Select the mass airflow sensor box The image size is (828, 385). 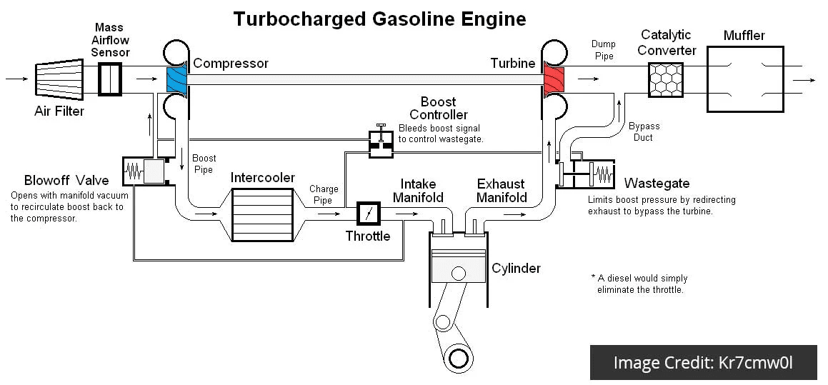click(x=110, y=79)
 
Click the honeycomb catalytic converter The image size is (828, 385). click(x=665, y=80)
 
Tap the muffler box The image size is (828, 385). click(x=745, y=79)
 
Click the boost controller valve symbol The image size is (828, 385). click(x=380, y=141)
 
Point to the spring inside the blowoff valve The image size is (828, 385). click(x=134, y=171)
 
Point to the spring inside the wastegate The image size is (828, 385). click(x=602, y=172)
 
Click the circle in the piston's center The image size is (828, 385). click(x=459, y=274)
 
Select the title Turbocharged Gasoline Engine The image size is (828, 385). click(x=379, y=19)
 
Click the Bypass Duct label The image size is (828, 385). click(x=644, y=132)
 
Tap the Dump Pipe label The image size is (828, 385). click(x=603, y=50)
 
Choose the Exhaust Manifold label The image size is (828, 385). click(x=501, y=191)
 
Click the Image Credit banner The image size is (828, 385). click(x=704, y=362)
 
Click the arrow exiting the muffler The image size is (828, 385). click(x=804, y=80)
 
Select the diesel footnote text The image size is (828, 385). click(x=639, y=284)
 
